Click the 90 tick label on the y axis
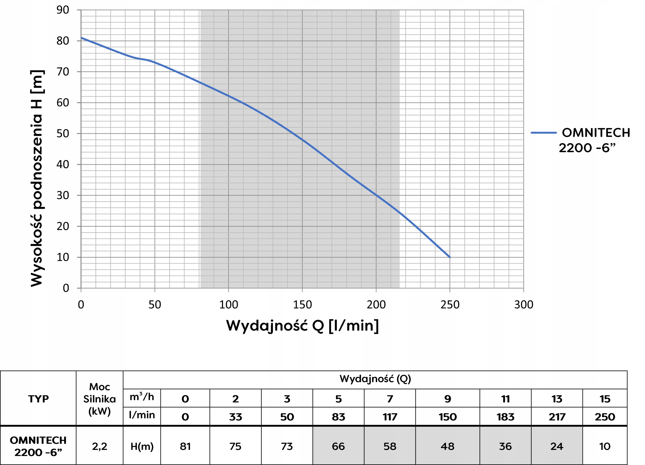[62, 10]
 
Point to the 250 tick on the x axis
[450, 305]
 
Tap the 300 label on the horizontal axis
[524, 305]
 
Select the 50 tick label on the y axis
[62, 133]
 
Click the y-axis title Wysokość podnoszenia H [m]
[37, 178]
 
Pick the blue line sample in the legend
[543, 133]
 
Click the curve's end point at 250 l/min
[450, 257]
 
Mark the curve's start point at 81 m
[81, 38]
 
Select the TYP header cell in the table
[38, 399]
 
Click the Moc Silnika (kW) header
[100, 399]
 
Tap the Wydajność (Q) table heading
[375, 379]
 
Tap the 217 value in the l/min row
[557, 417]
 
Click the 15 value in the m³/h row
[605, 399]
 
